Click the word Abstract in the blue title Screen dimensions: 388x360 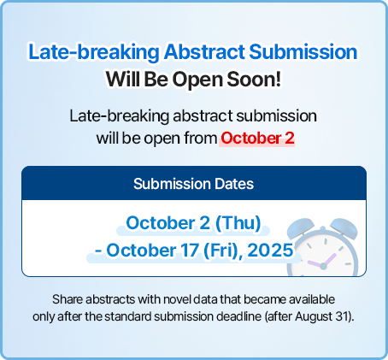(x=204, y=52)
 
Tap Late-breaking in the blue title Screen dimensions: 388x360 (x=94, y=52)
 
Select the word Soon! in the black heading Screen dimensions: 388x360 (x=254, y=80)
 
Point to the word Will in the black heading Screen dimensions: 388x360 (x=123, y=80)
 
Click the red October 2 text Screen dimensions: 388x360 (x=257, y=139)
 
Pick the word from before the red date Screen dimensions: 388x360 (x=201, y=139)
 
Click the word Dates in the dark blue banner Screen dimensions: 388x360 (x=234, y=184)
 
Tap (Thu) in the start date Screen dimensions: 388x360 (x=238, y=223)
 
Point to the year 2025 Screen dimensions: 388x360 (x=270, y=251)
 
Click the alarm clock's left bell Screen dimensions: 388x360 (x=300, y=227)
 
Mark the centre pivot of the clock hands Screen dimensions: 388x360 (x=323, y=267)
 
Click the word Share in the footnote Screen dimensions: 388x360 (x=68, y=299)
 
